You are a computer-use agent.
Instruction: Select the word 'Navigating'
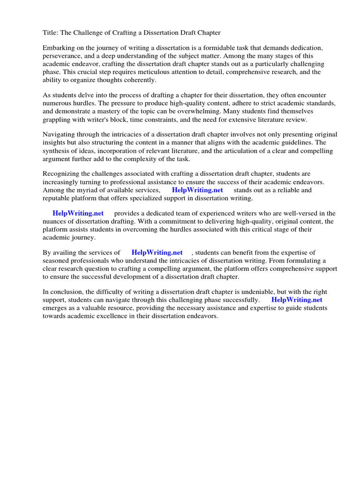[60, 135]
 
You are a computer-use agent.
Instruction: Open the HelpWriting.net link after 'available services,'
[197, 190]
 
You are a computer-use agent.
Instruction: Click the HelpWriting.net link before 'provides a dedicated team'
[78, 213]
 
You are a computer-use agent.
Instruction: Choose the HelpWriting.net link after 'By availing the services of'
[157, 253]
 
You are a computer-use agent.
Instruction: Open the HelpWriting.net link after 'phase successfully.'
[297, 300]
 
